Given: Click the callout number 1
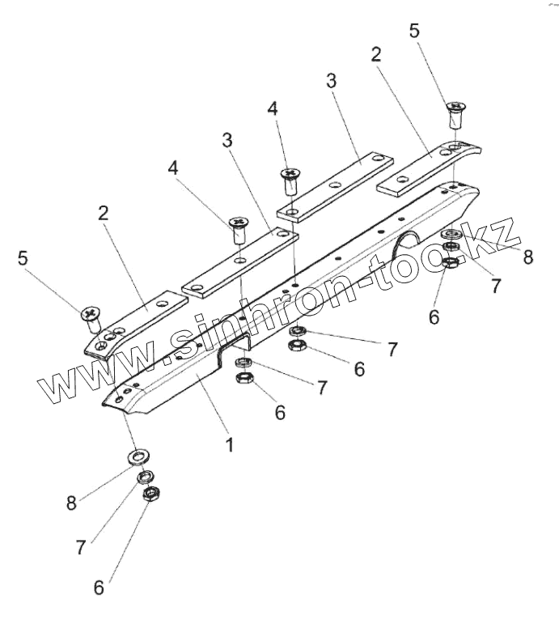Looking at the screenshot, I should coord(230,444).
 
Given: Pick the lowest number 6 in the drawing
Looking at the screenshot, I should coord(99,588).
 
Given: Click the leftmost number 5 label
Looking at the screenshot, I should coord(22,258).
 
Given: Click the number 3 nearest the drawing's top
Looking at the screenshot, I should coord(331,81).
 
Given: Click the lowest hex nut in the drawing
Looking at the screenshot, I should coord(149,495).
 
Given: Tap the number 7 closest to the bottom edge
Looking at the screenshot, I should coord(80,547).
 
